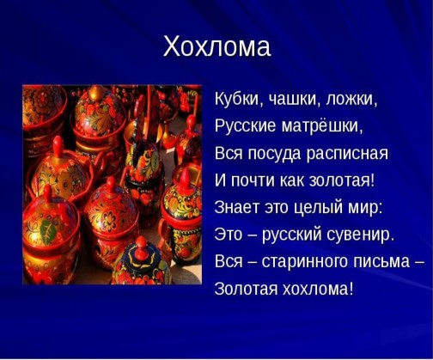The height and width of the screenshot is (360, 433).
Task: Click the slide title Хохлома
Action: (216, 47)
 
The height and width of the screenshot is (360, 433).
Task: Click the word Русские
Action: (246, 126)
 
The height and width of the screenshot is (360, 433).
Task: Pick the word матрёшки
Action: (322, 126)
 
